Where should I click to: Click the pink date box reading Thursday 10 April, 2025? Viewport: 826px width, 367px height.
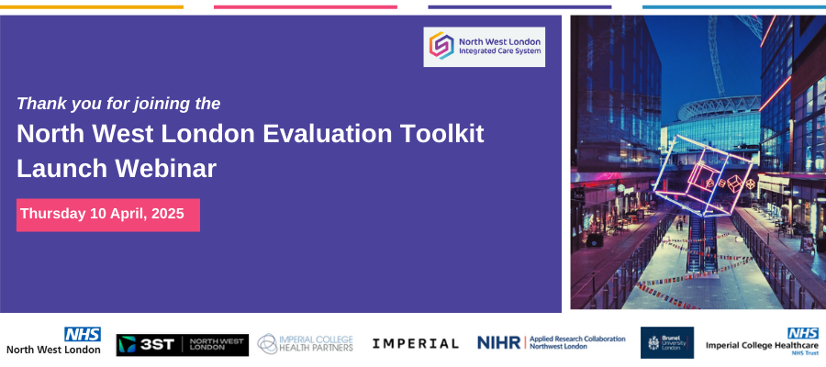tap(108, 215)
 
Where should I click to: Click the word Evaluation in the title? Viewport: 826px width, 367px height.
tap(327, 134)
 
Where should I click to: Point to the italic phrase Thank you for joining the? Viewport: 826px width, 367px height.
tap(118, 104)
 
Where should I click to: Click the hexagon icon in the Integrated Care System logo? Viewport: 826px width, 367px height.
tap(441, 45)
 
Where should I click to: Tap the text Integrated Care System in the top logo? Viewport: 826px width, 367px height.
tap(499, 51)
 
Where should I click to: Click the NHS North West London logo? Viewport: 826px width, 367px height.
tap(53, 341)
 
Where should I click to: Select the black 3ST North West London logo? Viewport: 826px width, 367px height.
tap(183, 345)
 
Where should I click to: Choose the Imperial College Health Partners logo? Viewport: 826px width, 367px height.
tap(305, 343)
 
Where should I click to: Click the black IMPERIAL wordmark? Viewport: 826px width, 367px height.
tap(415, 344)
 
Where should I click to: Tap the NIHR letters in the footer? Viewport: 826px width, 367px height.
tap(499, 343)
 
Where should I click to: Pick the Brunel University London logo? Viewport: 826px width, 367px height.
tap(667, 343)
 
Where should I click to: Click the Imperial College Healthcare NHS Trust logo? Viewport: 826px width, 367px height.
tap(763, 341)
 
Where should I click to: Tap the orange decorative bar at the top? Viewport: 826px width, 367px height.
tap(92, 7)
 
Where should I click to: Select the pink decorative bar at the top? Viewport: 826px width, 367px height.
tap(306, 7)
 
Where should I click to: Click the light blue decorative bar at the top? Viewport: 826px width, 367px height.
tap(734, 7)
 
